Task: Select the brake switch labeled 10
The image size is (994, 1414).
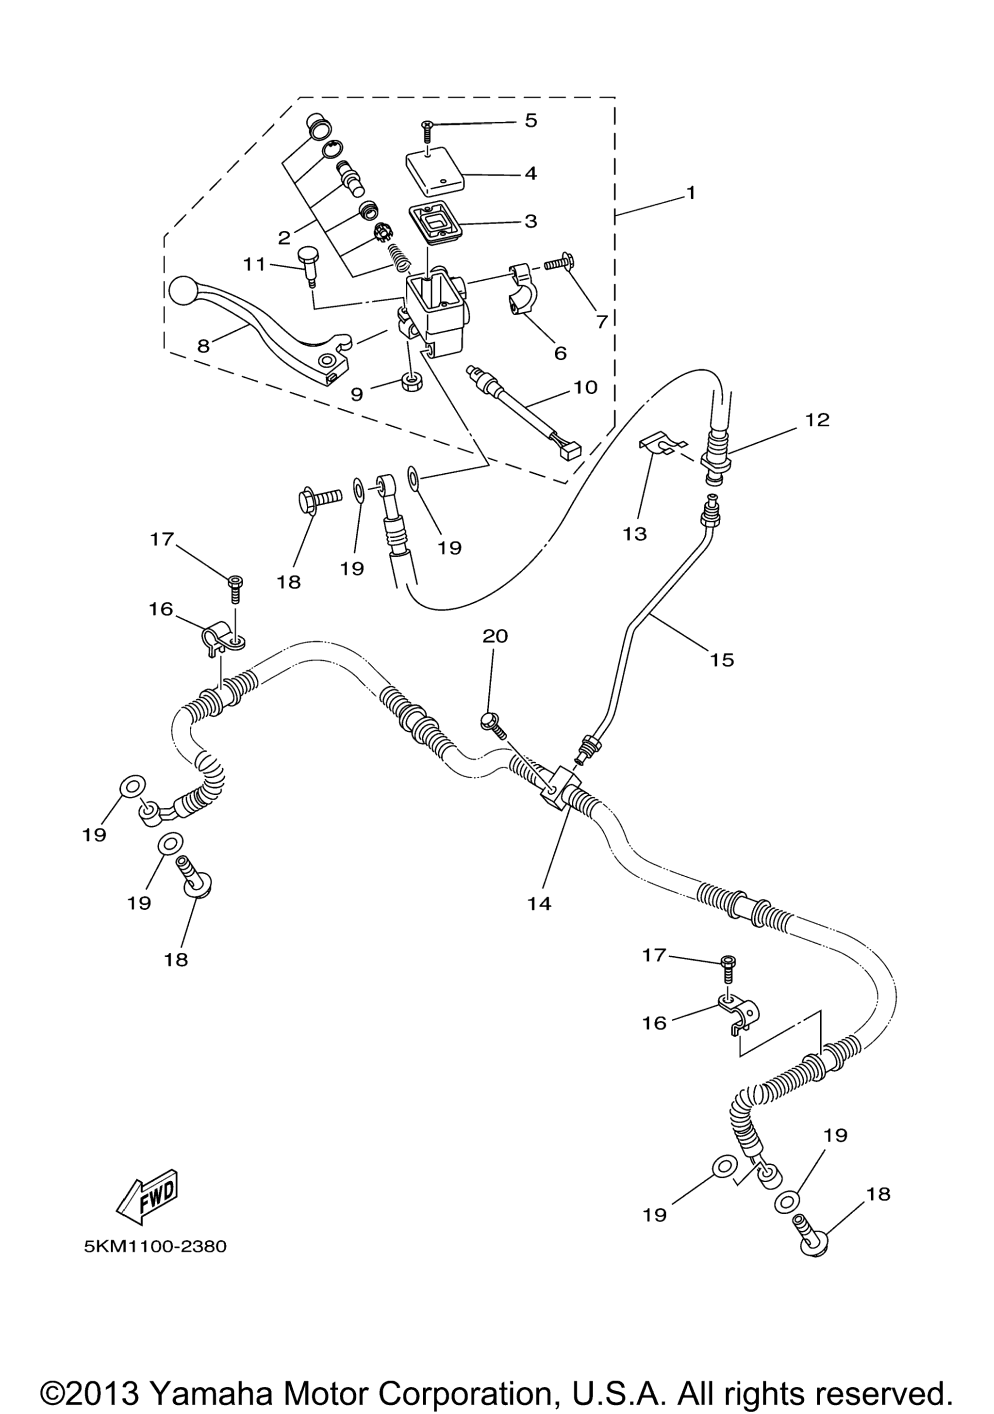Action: [x=524, y=411]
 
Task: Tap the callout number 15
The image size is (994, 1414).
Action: [x=722, y=660]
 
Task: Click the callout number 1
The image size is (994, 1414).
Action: [x=691, y=193]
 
